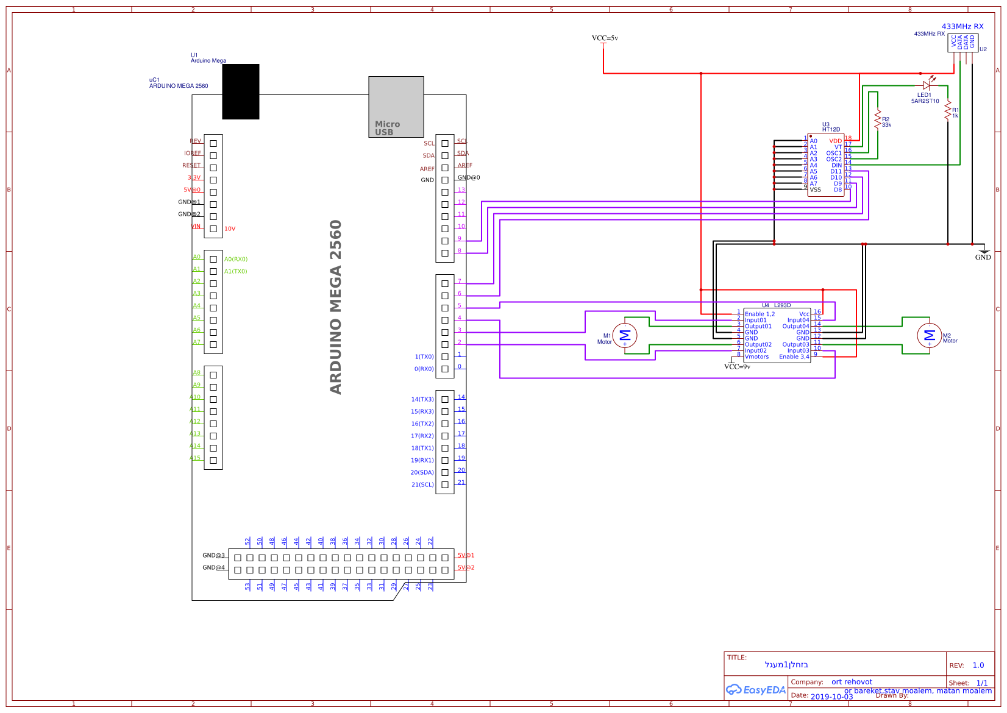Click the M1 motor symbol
pyautogui.click(x=624, y=335)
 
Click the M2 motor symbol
pyautogui.click(x=929, y=335)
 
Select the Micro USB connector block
pyautogui.click(x=396, y=107)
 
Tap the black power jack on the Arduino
pyautogui.click(x=241, y=91)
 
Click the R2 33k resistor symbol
pyautogui.click(x=878, y=119)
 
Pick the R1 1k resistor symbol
pyautogui.click(x=948, y=112)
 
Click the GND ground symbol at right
pyautogui.click(x=983, y=252)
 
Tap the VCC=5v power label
pyautogui.click(x=605, y=38)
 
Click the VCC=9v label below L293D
pyautogui.click(x=737, y=366)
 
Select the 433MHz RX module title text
pyautogui.click(x=963, y=26)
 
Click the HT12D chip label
pyautogui.click(x=831, y=129)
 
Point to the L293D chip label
pyautogui.click(x=782, y=305)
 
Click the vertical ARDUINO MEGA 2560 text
pyautogui.click(x=336, y=307)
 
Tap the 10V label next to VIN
pyautogui.click(x=230, y=229)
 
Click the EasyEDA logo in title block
pyautogui.click(x=756, y=690)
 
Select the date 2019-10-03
pyautogui.click(x=831, y=697)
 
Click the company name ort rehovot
pyautogui.click(x=852, y=682)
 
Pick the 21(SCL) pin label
pyautogui.click(x=422, y=484)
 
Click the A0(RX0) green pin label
pyautogui.click(x=236, y=259)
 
